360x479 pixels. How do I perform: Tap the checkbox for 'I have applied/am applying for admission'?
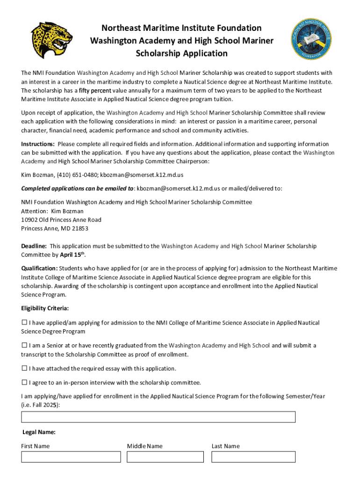(24, 323)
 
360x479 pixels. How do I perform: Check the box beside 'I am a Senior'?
(24, 345)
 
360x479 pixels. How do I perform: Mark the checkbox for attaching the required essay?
(24, 368)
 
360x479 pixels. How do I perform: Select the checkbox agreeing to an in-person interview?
(24, 382)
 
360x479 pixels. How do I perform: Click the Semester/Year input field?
(158, 417)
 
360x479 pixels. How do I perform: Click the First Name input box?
(71, 457)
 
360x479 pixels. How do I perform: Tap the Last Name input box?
(253, 457)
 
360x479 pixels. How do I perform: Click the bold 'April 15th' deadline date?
(72, 255)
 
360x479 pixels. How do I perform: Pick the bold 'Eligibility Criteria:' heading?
(45, 308)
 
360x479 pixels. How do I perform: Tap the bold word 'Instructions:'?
(38, 144)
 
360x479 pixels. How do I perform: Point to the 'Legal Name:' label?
(39, 432)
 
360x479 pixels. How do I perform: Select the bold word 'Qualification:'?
(39, 269)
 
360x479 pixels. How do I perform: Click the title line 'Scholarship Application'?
(181, 53)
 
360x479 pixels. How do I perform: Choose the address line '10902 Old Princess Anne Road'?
(61, 220)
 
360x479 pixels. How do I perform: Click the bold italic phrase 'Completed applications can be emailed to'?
(78, 189)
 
